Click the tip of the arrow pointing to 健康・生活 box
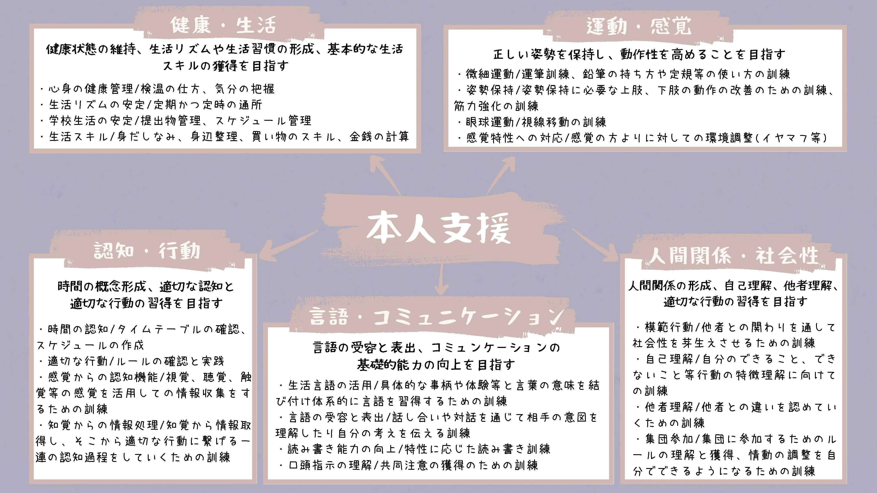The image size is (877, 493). click(x=371, y=156)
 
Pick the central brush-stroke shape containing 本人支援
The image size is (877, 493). click(x=441, y=228)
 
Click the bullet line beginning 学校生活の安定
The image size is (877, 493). click(x=176, y=121)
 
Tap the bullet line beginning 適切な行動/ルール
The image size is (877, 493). click(x=131, y=361)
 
